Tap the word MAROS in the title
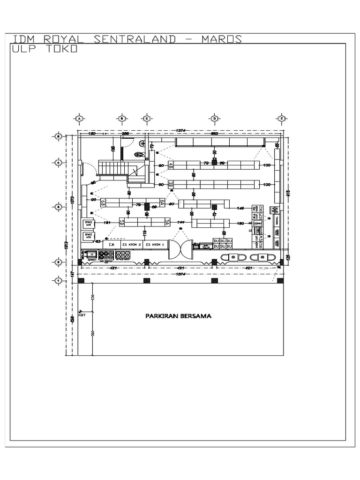pos(221,39)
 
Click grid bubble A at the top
pos(79,119)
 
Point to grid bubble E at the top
pos(281,119)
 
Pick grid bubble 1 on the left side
pos(58,280)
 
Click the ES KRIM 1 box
pos(153,245)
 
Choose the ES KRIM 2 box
pos(131,245)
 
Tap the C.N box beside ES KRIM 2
pos(112,245)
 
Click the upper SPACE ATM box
pos(89,224)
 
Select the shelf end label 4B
pos(171,165)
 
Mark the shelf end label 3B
pos(171,185)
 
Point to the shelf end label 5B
pos(121,222)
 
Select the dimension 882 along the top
pos(214,134)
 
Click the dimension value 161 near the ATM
pos(107,223)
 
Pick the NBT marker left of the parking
pos(83,315)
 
